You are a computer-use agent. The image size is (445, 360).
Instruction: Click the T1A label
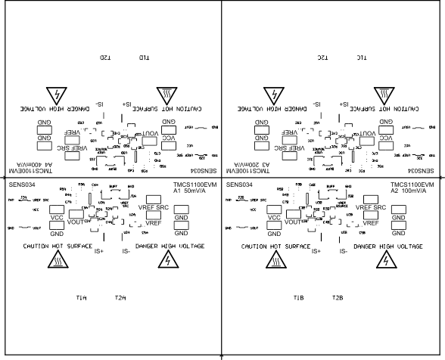[82, 299]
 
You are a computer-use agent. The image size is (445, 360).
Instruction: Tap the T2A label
[120, 299]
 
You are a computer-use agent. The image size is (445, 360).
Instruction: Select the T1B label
[299, 299]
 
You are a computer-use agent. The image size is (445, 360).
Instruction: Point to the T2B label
[338, 299]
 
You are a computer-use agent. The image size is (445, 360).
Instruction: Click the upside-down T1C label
[362, 58]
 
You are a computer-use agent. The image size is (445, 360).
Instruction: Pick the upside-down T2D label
[106, 58]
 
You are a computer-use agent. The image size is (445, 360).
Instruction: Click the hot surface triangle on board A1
[57, 260]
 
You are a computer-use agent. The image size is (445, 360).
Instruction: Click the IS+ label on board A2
[316, 251]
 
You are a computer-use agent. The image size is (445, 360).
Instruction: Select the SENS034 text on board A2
[239, 185]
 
